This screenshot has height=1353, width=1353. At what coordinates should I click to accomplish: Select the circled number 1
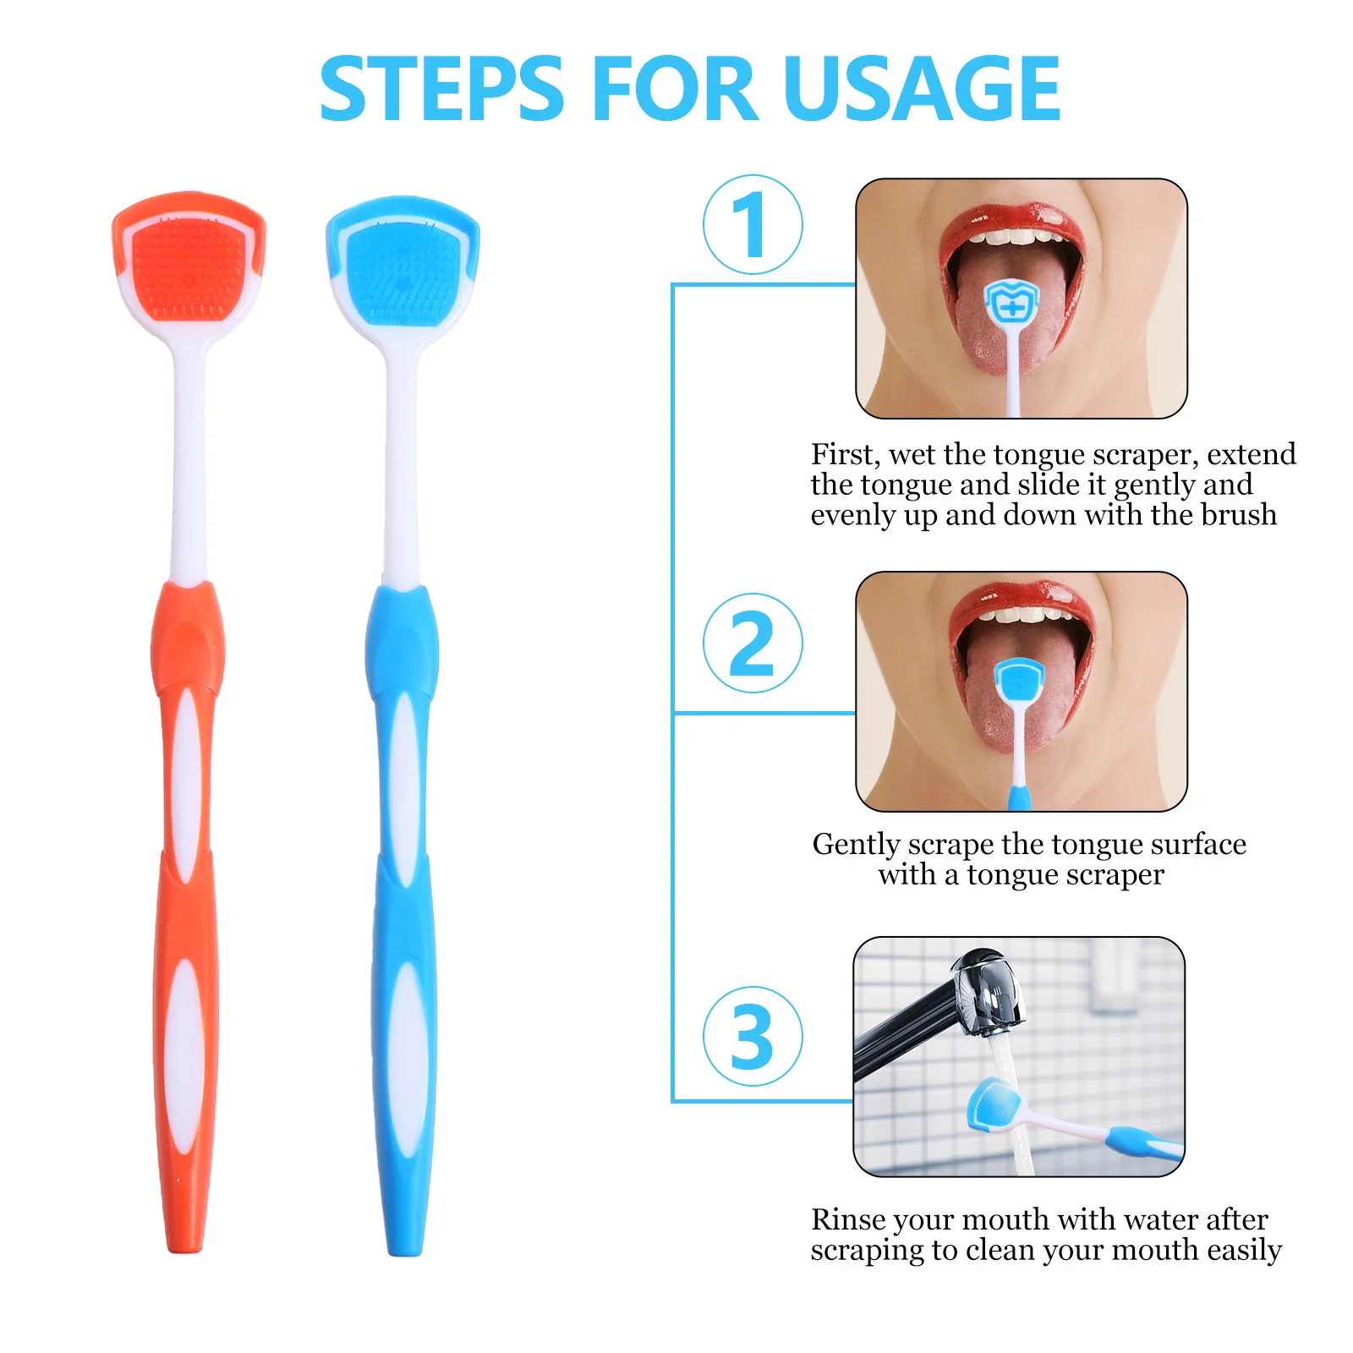pos(752,225)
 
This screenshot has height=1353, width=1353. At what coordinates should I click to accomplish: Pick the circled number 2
pos(752,644)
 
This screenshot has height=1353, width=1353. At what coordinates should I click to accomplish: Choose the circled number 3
pos(752,1037)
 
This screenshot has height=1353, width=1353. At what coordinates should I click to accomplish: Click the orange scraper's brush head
pos(189,266)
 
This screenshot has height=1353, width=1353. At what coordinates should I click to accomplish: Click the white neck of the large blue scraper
pos(401,465)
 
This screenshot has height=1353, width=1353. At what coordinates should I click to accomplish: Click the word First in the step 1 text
pos(841,455)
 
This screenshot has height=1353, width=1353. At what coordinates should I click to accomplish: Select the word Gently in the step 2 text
pos(857,845)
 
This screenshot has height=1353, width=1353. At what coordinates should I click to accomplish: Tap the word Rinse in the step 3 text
pos(847,1220)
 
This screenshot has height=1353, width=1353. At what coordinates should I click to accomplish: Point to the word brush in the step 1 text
pos(1238,515)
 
